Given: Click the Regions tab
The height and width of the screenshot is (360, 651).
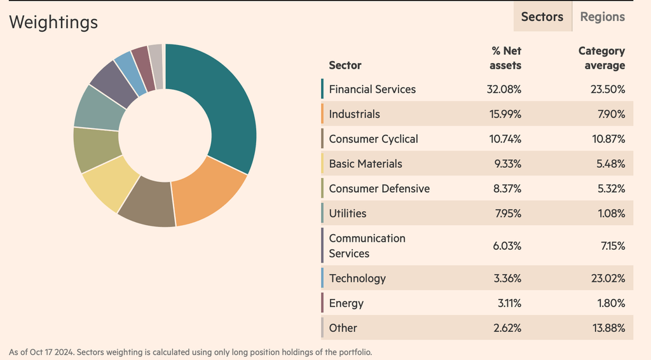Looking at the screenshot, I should coord(601,17).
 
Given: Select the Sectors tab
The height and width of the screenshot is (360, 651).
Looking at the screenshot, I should coord(542,17).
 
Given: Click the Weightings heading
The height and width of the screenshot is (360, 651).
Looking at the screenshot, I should coord(53,22).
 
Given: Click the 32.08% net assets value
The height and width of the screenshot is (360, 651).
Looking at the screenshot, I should coord(504,89).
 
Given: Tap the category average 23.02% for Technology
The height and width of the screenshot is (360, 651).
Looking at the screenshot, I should coord(608,279).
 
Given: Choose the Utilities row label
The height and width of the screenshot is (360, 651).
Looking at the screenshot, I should coord(348,214).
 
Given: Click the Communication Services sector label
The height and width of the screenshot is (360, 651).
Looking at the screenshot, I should coord(366,246).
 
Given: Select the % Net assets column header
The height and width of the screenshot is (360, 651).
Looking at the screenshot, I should coord(506,58).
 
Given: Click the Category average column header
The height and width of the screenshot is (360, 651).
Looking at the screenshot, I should coord(601,58).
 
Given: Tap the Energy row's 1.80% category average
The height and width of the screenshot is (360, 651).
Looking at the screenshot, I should coord(611,303).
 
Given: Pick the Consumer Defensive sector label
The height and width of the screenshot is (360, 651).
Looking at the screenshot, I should coord(379,189).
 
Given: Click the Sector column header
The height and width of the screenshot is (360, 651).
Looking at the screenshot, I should coord(345,65).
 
